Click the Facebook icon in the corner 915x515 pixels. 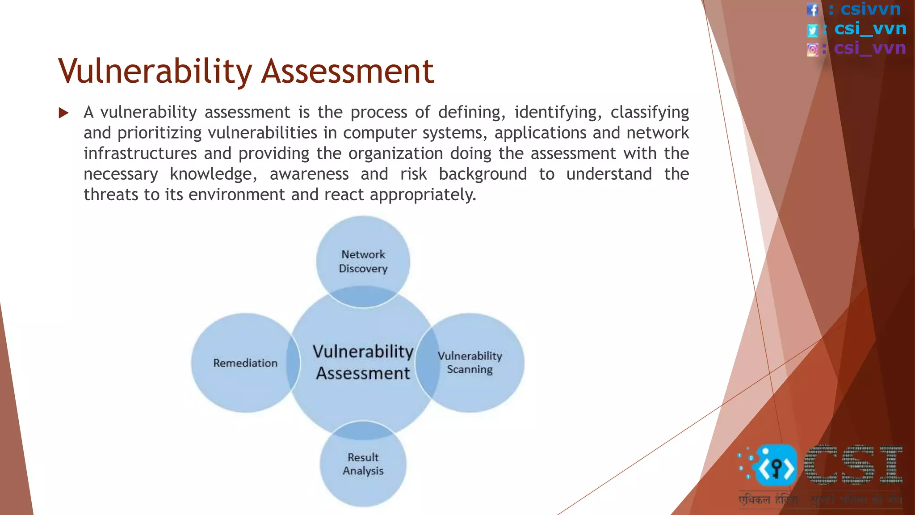[x=812, y=9]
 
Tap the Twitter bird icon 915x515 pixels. [x=812, y=30]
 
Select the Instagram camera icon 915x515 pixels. [x=812, y=50]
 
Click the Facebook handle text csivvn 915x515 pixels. [x=871, y=9]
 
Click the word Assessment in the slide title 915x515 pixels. [x=348, y=72]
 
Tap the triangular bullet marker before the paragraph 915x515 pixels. [x=64, y=113]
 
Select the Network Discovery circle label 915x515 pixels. [x=363, y=262]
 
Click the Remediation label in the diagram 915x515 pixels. [x=245, y=363]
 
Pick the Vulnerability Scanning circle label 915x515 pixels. [x=470, y=363]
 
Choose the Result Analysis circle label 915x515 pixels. [x=363, y=464]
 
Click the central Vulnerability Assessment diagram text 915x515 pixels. [x=363, y=362]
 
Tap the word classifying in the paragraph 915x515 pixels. [x=650, y=113]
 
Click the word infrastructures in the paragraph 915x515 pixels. [x=140, y=154]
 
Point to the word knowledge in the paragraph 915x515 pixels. [x=214, y=174]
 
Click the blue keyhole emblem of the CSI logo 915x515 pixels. [x=776, y=466]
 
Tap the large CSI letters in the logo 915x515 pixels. [x=853, y=465]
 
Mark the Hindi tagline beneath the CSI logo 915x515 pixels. [x=820, y=500]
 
